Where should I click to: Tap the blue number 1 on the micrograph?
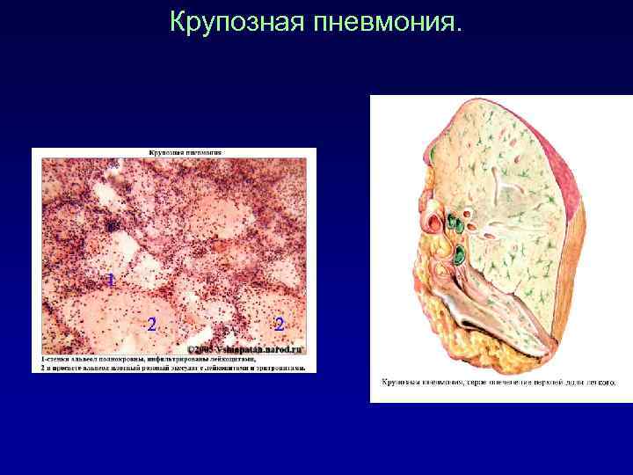[x=110, y=281]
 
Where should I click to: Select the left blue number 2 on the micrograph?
[x=152, y=325]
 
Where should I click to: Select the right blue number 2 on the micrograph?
[x=279, y=325]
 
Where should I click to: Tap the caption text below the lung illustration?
[x=498, y=383]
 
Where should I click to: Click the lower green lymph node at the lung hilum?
[x=458, y=256]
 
